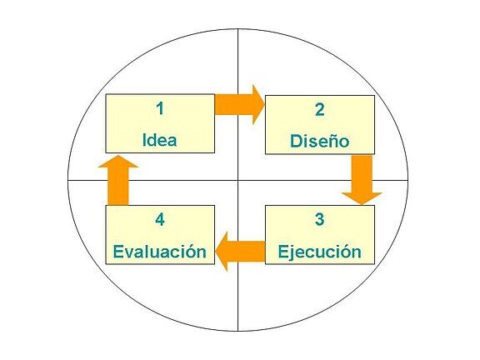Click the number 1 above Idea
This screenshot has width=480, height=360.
(x=160, y=108)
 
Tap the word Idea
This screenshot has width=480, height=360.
(x=160, y=140)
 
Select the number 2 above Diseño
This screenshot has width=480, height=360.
(x=320, y=110)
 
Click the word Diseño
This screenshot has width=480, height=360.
(x=320, y=141)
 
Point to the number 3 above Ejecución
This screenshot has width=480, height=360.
(x=319, y=219)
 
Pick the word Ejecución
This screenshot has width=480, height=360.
(x=320, y=252)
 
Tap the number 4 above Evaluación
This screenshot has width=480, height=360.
(x=160, y=219)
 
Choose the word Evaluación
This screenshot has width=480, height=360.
(x=160, y=252)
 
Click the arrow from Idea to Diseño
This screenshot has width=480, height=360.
(x=240, y=105)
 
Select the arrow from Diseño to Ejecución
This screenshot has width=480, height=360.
(x=362, y=180)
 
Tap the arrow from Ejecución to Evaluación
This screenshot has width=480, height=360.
(x=240, y=252)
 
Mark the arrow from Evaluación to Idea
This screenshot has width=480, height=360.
(x=118, y=180)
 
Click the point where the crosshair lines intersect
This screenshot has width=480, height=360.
(x=238, y=180)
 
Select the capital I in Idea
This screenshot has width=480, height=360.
(x=145, y=140)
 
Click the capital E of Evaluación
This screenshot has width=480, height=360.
(x=118, y=252)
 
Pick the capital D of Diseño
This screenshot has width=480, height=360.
(x=296, y=141)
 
